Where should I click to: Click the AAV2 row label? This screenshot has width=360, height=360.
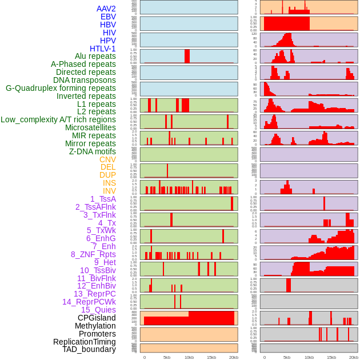(106, 9)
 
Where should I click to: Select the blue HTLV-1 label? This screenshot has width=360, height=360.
(103, 49)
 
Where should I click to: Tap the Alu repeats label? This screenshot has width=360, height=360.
(95, 57)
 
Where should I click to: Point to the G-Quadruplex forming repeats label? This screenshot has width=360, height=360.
(61, 89)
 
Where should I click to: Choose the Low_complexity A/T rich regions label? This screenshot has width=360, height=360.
(58, 119)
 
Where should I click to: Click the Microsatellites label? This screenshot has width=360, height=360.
(90, 127)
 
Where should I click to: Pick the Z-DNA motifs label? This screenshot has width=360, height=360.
(93, 151)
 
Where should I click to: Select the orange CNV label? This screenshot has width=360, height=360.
(107, 159)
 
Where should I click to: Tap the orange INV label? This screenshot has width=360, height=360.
(109, 191)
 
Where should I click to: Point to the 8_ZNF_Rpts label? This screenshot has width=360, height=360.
(93, 254)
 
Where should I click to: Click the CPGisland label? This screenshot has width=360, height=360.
(97, 318)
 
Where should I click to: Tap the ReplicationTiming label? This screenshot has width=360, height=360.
(85, 342)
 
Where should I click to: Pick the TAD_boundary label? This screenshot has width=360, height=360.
(89, 349)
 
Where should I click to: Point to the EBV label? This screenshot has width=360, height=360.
(108, 17)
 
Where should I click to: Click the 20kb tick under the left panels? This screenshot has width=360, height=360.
(233, 357)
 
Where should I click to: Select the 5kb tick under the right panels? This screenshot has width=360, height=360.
(287, 357)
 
